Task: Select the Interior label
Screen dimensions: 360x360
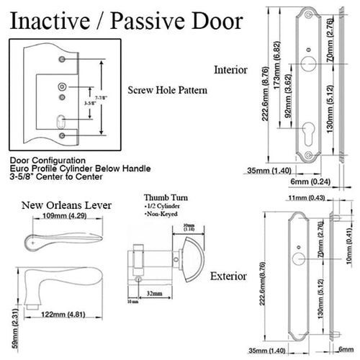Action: (x=230, y=70)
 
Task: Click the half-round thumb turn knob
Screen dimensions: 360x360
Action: (x=190, y=258)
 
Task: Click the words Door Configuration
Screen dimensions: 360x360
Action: (x=42, y=159)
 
